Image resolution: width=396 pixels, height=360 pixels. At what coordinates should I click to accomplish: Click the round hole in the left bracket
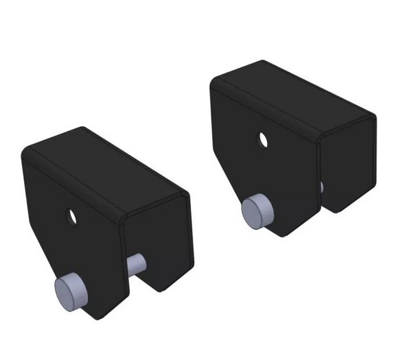point(71,215)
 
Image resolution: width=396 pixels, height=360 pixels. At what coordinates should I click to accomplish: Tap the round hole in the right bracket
point(261,139)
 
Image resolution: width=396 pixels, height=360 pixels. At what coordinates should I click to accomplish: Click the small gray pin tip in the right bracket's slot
point(321,185)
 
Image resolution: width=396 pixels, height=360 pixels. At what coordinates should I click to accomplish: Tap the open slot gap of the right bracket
point(319,202)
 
